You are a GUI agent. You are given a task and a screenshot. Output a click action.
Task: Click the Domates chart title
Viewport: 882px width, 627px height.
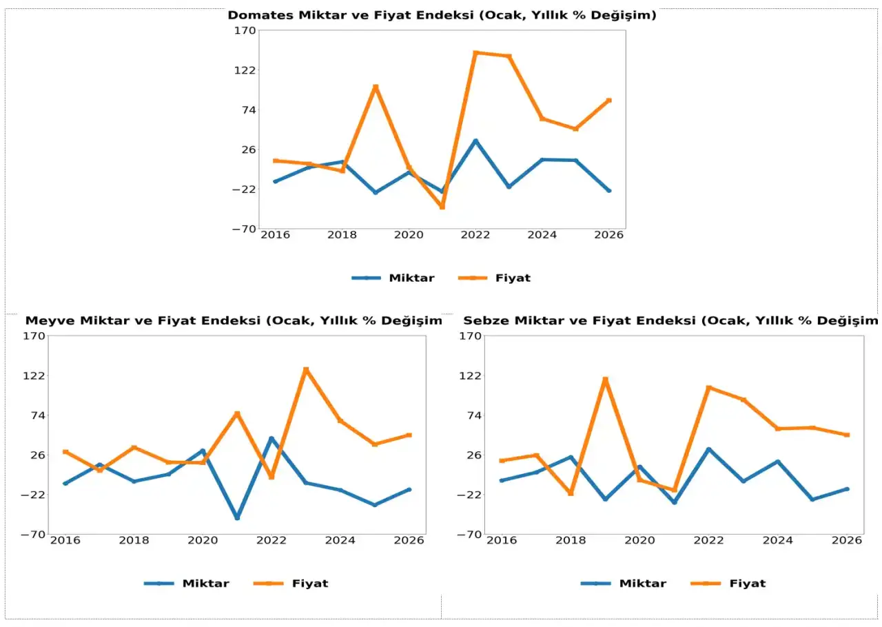point(442,15)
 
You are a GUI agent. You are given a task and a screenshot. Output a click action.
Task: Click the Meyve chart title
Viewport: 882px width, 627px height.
point(233,320)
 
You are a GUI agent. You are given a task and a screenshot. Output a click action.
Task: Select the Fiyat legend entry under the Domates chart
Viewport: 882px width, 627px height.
point(513,278)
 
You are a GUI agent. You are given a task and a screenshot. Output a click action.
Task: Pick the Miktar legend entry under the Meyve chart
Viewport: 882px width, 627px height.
point(205,583)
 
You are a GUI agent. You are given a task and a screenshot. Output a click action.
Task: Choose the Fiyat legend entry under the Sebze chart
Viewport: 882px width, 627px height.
point(748,583)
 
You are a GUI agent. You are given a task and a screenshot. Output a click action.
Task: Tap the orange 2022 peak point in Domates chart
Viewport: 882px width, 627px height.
point(475,52)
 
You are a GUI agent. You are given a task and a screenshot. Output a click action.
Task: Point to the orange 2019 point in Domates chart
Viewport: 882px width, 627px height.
point(376,87)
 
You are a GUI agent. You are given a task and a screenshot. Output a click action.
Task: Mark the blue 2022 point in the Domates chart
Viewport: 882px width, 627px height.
point(475,141)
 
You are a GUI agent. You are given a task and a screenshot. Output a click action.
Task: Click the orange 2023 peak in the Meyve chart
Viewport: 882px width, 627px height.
point(306,370)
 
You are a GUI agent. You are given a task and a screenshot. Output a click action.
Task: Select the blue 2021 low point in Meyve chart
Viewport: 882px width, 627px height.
point(237,517)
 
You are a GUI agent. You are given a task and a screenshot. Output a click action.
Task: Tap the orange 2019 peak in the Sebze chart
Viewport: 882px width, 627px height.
point(605,380)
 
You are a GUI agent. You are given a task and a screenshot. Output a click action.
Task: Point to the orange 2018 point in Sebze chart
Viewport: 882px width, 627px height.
point(571,493)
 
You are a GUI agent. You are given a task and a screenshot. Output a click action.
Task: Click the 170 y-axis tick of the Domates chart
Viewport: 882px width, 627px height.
point(246,30)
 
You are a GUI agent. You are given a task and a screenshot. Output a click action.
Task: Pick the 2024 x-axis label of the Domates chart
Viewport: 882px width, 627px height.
point(542,235)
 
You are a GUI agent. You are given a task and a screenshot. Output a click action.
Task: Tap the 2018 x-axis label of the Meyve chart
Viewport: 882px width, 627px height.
point(134,540)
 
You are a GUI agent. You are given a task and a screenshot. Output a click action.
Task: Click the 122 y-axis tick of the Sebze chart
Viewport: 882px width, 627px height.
point(473,376)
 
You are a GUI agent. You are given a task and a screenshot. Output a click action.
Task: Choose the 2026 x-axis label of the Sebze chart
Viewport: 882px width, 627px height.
point(846,540)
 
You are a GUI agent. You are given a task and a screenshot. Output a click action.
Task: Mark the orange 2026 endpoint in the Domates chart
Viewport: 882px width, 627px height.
point(609,101)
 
